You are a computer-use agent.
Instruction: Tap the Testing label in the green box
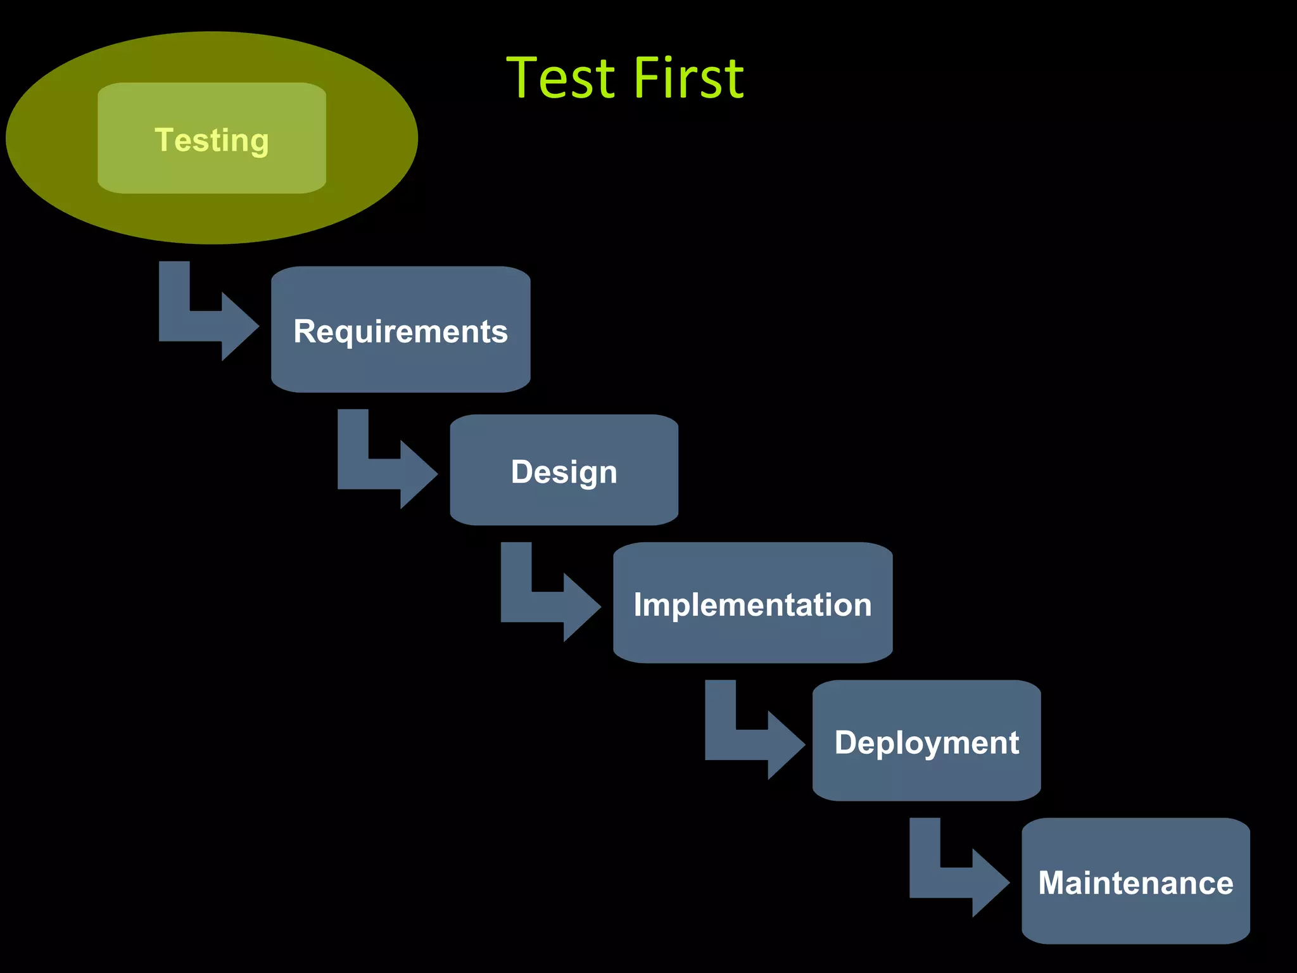click(212, 139)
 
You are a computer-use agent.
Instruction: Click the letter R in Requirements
click(305, 331)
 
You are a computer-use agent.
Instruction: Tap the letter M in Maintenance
click(1053, 882)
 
